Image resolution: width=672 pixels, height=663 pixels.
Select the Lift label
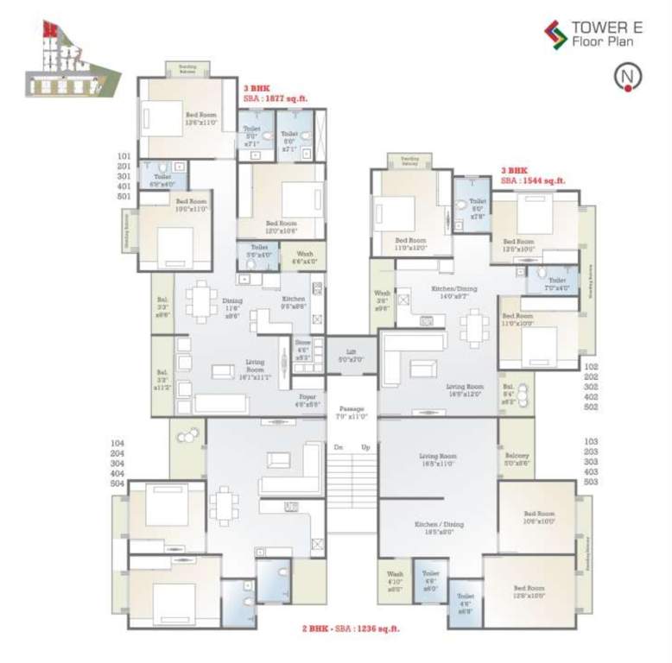coord(352,351)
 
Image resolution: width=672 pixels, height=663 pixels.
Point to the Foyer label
coord(307,400)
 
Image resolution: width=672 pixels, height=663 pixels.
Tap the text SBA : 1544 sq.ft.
coord(533,180)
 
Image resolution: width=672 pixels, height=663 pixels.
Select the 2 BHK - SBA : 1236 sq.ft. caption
coord(350,629)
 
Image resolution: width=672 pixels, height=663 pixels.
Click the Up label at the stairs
coord(365,447)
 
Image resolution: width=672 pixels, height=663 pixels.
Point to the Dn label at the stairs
coord(338,447)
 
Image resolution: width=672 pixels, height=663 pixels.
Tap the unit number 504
coord(119,484)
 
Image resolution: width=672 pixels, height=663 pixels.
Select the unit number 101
coord(124,156)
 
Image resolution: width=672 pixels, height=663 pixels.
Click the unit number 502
coord(591,407)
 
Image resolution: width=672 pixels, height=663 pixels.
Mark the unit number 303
coord(591,462)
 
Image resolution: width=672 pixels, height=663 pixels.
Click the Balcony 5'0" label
coord(517,455)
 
